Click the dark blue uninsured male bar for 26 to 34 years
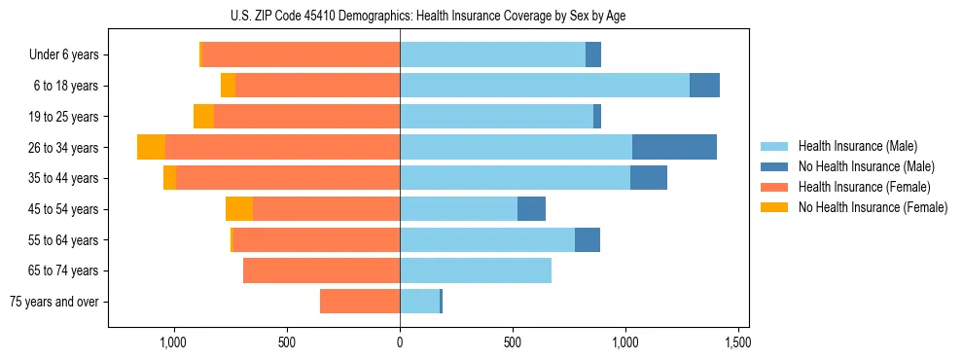click(674, 147)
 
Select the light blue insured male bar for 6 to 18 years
click(544, 86)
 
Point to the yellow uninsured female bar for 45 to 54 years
click(239, 208)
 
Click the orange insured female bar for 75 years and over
click(360, 302)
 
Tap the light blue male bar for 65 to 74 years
click(476, 270)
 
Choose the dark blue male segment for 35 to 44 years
click(649, 178)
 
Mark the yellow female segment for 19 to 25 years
click(203, 117)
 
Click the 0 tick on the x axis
click(400, 342)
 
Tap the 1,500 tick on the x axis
click(737, 342)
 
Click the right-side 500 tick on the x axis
click(513, 342)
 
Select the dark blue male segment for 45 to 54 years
click(531, 208)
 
